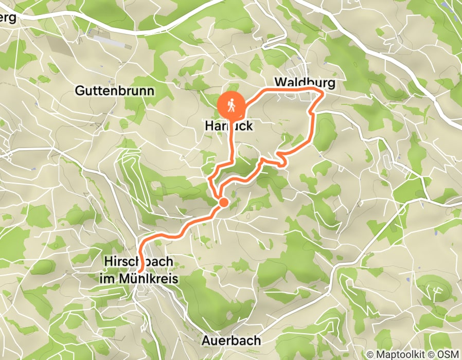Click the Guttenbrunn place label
(115, 91)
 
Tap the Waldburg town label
(305, 82)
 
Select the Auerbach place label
(231, 340)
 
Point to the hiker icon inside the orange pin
(232, 104)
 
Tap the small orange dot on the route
(223, 203)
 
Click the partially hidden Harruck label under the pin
(229, 125)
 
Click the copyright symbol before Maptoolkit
(370, 354)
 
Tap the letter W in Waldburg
(280, 82)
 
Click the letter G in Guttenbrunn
(80, 91)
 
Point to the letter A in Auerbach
(206, 340)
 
